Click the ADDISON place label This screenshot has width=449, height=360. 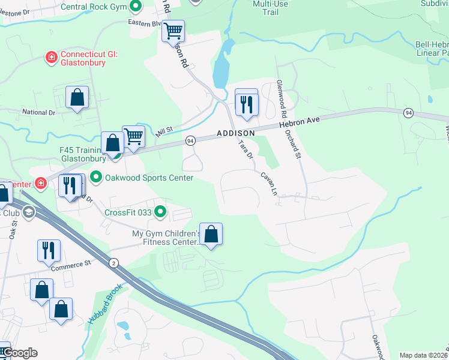(236, 133)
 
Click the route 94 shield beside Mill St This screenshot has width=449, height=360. (190, 140)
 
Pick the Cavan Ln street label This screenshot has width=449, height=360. (268, 182)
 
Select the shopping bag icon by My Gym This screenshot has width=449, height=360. (211, 233)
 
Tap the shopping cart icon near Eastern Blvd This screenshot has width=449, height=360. (173, 30)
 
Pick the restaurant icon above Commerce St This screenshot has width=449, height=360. (49, 250)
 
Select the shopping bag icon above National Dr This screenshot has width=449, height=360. (77, 97)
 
